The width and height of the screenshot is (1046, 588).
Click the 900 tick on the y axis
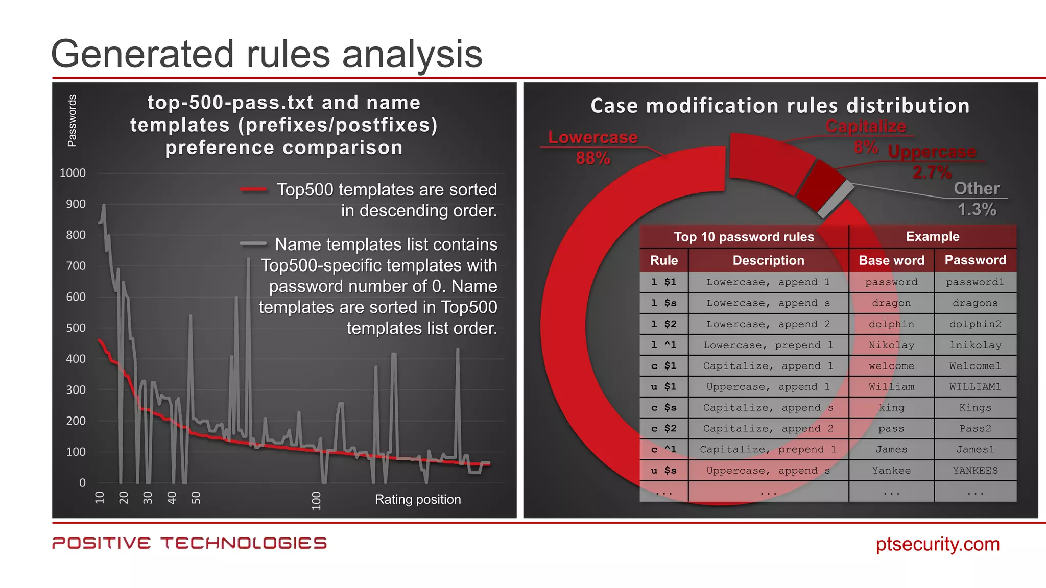point(76,204)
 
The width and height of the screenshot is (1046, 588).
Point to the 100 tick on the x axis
point(316,500)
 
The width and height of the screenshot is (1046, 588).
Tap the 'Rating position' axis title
point(417,499)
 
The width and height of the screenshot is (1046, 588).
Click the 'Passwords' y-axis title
point(72,121)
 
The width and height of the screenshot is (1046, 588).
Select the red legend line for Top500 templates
point(253,190)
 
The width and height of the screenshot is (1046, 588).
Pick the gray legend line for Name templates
point(253,243)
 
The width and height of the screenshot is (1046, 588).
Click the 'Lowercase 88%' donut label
point(592,148)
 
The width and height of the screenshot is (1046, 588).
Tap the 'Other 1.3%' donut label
point(977,199)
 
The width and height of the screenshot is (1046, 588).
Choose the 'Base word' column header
point(891,260)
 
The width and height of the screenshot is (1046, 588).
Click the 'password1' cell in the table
point(974,282)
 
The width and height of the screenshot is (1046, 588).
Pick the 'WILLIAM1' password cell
point(974,387)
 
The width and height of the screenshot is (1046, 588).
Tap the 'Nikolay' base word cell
point(891,345)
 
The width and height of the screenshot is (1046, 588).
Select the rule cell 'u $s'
point(663,471)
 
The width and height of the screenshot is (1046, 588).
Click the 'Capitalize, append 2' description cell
point(768,429)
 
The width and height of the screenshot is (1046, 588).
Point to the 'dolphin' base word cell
point(891,324)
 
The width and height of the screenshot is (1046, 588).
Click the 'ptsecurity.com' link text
point(937,544)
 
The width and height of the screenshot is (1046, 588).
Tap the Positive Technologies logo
point(189,543)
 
